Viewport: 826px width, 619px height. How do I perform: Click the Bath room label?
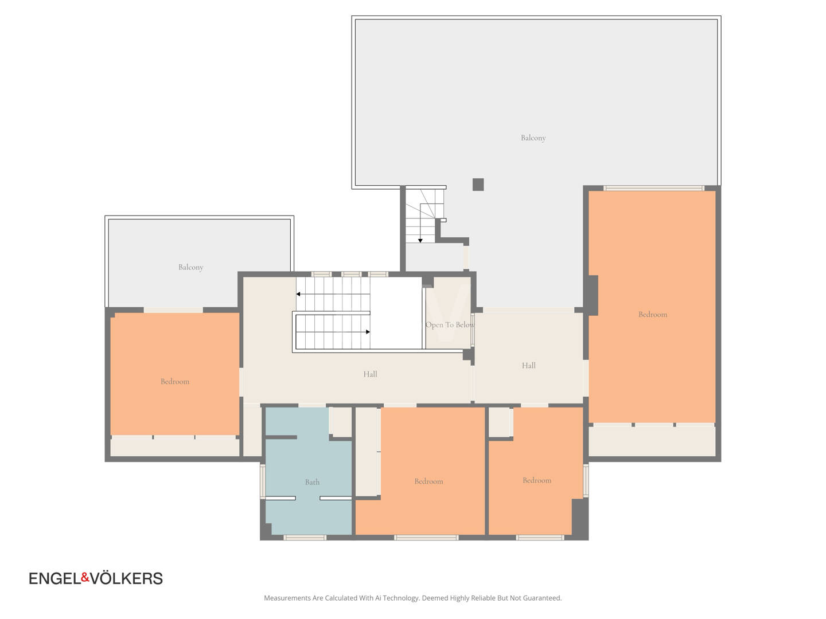click(x=312, y=482)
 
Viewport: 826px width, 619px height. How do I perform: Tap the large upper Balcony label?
click(x=533, y=138)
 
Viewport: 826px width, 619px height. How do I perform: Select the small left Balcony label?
click(x=191, y=267)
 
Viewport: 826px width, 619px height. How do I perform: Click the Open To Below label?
click(x=450, y=325)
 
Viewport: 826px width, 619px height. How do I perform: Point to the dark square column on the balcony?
click(x=478, y=185)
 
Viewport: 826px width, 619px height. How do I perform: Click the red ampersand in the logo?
click(x=85, y=577)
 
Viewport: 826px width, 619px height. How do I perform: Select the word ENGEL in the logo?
click(x=55, y=578)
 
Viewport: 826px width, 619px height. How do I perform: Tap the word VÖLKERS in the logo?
click(x=126, y=578)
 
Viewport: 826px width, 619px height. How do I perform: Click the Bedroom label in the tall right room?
click(x=653, y=315)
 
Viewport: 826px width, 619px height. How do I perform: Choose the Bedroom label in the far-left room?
click(x=175, y=382)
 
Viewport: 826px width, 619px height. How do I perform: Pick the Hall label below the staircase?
click(x=370, y=374)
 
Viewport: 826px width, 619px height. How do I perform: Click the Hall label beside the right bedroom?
click(x=528, y=365)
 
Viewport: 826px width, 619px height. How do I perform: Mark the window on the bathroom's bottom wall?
click(x=305, y=538)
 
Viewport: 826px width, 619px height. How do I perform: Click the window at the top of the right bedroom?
click(x=654, y=188)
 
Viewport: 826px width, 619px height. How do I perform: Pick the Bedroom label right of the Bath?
click(x=428, y=481)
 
